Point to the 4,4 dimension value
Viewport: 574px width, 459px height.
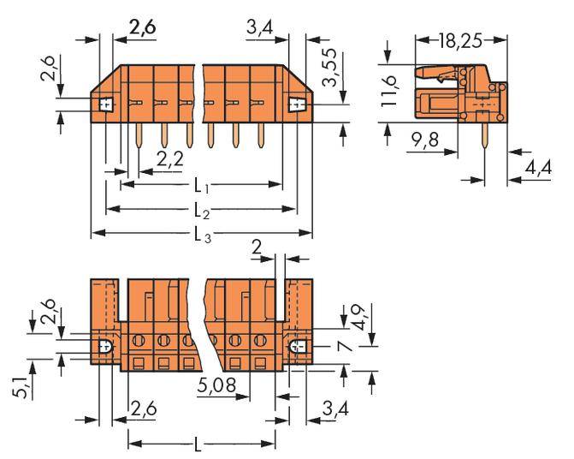pos(538,169)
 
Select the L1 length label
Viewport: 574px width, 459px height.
pos(201,184)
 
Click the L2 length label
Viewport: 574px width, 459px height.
pos(201,209)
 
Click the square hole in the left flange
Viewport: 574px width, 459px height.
pos(105,105)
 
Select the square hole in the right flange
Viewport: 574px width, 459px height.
pos(297,105)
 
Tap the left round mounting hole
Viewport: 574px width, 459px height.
pos(105,348)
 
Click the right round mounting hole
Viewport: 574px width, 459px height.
pos(296,348)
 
